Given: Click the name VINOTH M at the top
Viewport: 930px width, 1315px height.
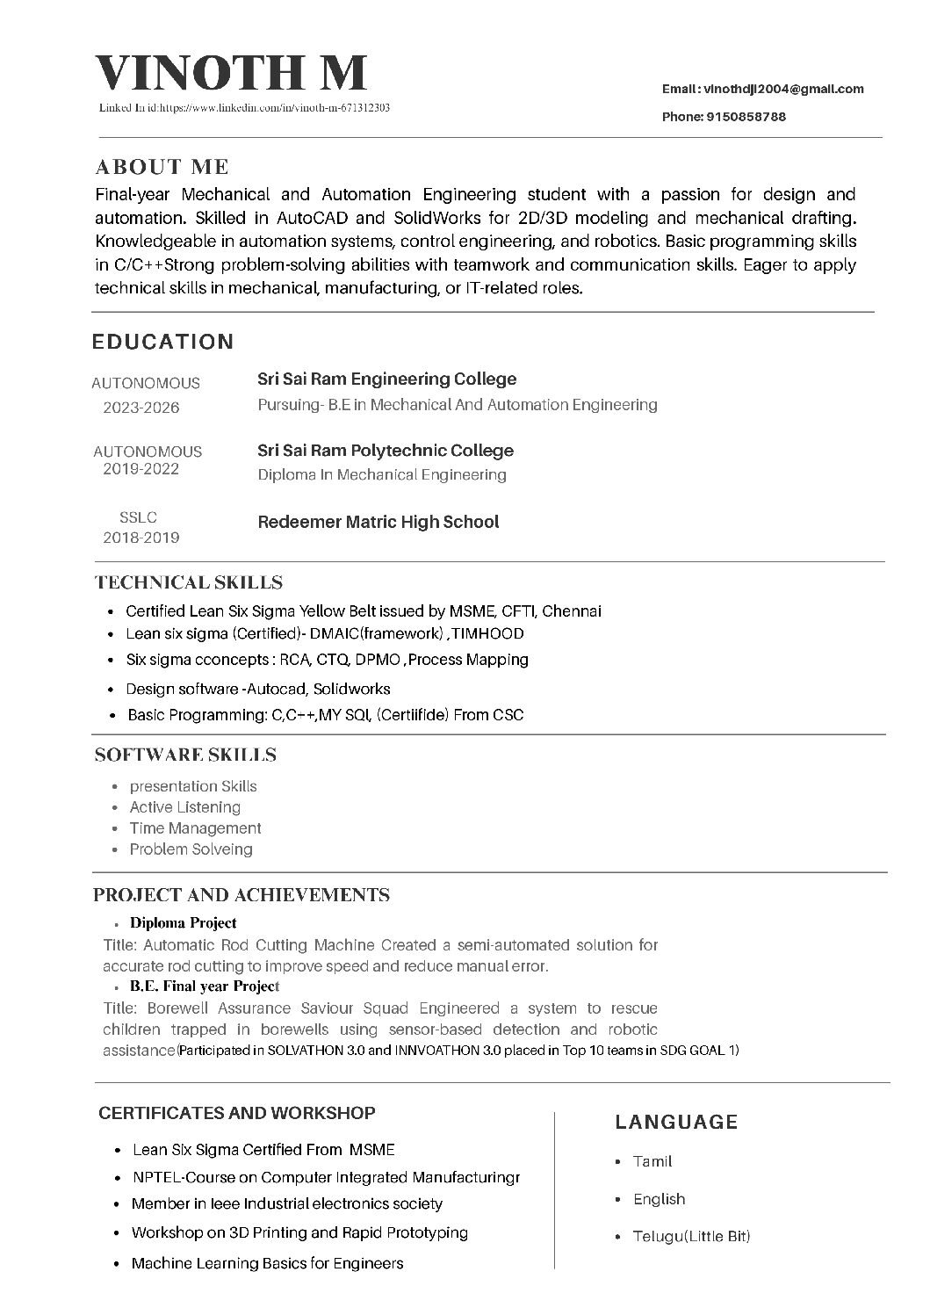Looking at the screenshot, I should point(230,73).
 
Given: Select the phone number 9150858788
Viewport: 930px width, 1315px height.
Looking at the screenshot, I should point(746,117).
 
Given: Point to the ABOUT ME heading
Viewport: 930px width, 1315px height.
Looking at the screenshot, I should point(162,167).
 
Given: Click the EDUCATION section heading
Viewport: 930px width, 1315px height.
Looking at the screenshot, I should point(162,342).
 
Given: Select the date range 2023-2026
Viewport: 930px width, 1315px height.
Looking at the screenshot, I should point(141,408).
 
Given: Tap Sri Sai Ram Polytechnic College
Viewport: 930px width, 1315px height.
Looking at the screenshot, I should point(385,451).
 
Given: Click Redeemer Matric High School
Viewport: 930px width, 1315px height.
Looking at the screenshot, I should point(378,522).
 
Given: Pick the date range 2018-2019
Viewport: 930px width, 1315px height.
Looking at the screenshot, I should point(141,538).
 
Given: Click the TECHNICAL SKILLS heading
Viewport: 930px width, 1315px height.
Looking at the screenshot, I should point(188,582).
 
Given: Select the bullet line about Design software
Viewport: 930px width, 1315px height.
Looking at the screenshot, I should point(258,689).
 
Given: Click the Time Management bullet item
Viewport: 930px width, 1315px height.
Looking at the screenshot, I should point(195,828).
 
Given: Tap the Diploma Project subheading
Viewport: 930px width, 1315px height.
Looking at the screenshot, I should point(183,922).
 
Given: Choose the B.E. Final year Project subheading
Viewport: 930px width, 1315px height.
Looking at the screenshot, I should point(204,986).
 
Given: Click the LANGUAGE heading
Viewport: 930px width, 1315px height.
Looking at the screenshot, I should point(676,1122).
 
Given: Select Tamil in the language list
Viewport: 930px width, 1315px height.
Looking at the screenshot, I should point(652,1161).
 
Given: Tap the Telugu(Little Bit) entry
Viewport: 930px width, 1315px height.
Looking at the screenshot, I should point(691,1237).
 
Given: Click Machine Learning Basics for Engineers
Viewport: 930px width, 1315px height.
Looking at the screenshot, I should point(267,1263).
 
